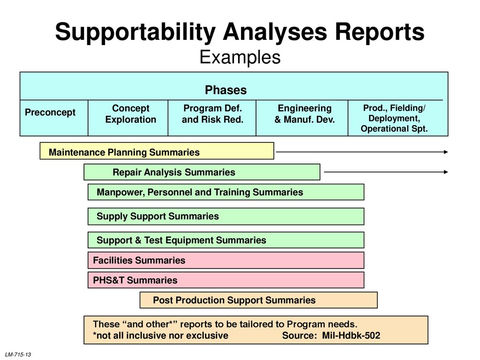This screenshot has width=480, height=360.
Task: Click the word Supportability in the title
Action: [135, 32]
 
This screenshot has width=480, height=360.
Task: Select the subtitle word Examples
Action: [240, 57]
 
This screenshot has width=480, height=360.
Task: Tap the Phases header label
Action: [226, 90]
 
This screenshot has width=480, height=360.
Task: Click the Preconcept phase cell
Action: [54, 118]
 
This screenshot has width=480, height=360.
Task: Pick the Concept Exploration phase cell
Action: [128, 118]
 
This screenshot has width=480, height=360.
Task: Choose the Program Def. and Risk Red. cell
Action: [212, 118]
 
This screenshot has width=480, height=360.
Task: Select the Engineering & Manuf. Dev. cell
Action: [302, 118]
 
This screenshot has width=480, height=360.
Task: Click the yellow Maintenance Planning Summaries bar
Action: [157, 150]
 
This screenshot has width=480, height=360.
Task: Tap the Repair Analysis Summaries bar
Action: [202, 172]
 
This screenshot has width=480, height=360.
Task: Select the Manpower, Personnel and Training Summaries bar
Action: [226, 192]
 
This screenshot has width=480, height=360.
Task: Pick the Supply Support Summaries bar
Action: [226, 217]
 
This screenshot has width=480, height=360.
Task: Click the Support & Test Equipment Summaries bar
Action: [226, 240]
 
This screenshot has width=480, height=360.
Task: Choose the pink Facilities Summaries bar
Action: [226, 260]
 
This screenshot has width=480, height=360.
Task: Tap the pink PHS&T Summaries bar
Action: [226, 280]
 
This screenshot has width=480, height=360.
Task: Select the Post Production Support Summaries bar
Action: [259, 300]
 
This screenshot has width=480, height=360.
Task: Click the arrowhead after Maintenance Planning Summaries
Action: [446, 152]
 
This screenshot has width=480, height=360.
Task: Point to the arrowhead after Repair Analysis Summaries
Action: [446, 172]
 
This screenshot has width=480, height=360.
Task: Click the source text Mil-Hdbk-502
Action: [351, 336]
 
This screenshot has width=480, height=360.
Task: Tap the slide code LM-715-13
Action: [18, 354]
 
